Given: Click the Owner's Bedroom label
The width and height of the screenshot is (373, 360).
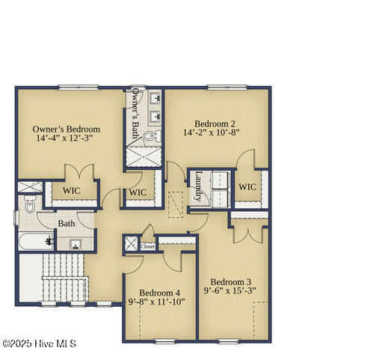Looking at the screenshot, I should click(x=67, y=129).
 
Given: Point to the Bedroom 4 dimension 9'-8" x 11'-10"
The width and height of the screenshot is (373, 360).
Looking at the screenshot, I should click(x=158, y=302).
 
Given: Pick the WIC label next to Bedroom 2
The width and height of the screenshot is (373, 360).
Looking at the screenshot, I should click(x=247, y=186).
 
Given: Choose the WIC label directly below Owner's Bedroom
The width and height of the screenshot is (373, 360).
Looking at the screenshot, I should click(x=71, y=191).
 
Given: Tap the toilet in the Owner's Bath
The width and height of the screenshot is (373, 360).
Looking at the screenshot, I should click(x=149, y=136).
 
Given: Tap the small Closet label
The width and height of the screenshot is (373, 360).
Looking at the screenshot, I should click(x=148, y=246).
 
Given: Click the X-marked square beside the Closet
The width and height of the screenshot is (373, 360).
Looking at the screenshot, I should click(x=131, y=245).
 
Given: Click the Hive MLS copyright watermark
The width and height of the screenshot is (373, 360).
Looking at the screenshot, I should click(x=39, y=344).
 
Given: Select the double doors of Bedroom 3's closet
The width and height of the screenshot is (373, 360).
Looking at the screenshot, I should click(x=247, y=232).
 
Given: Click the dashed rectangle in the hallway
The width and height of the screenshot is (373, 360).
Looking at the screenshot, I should click(x=176, y=204).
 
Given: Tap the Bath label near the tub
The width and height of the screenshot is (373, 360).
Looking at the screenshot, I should click(x=67, y=223).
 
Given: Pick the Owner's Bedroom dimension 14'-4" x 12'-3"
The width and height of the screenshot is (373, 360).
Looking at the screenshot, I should click(x=67, y=138).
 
